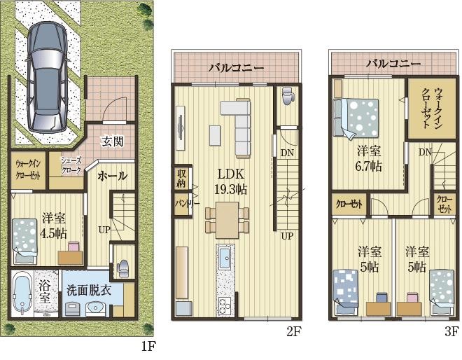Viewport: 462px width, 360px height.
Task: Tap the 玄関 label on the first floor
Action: click(113, 141)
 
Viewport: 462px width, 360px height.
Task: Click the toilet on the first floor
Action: click(123, 269)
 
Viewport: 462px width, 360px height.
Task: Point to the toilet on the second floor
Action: click(287, 95)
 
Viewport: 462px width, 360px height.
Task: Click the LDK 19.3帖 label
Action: click(230, 181)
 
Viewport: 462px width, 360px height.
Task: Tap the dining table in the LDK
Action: click(227, 220)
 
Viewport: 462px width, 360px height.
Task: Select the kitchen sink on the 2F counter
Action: click(225, 258)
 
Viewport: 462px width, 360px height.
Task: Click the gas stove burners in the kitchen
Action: click(225, 307)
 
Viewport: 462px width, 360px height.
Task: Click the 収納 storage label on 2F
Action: click(181, 179)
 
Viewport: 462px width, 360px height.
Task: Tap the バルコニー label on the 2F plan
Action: click(237, 68)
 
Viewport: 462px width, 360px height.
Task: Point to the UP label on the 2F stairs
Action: click(287, 236)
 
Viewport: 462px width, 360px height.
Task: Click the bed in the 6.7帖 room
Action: click(356, 118)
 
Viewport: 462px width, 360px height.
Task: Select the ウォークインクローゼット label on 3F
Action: click(433, 108)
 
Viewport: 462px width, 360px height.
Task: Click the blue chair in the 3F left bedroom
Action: click(381, 297)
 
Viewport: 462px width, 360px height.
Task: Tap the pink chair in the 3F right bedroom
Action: click(412, 297)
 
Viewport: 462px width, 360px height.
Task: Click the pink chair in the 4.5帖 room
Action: click(73, 247)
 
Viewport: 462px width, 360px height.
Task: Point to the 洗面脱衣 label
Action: click(89, 291)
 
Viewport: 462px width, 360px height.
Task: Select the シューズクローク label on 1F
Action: click(71, 165)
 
